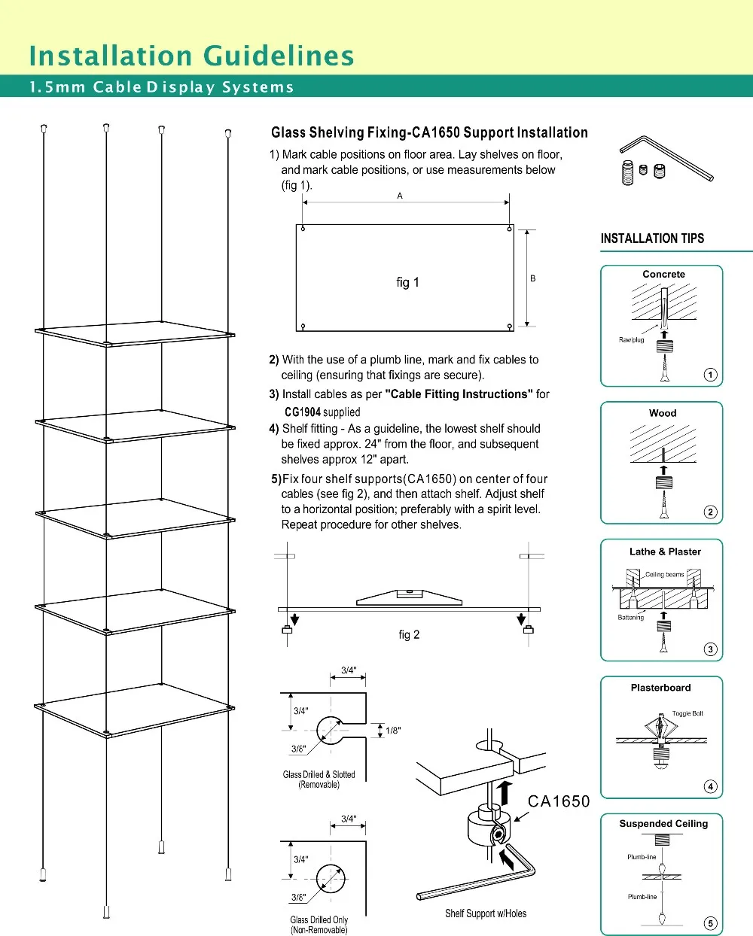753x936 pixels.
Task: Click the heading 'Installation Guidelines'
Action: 191,56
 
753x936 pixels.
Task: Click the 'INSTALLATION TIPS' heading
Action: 652,239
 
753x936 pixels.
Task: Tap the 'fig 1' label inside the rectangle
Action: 407,282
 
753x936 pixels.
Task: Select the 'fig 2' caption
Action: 409,635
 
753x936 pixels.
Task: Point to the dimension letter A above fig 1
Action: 400,196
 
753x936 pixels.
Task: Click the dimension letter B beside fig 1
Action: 532,278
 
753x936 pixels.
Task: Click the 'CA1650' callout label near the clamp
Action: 559,801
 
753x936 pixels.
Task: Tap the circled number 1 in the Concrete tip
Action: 710,375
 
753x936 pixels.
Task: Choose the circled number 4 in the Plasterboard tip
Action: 710,786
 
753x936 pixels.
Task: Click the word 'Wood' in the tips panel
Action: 663,413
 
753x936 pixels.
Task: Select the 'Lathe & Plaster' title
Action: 665,552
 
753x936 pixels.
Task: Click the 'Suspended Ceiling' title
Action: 663,824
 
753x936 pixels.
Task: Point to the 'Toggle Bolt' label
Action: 687,713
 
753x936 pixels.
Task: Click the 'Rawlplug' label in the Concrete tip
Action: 631,340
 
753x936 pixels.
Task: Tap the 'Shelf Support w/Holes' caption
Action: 486,913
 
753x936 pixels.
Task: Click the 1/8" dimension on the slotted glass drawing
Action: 393,731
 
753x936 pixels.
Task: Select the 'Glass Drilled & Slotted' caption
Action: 319,775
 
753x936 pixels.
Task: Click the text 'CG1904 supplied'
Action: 322,412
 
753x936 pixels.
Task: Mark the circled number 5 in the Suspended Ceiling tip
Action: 710,923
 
